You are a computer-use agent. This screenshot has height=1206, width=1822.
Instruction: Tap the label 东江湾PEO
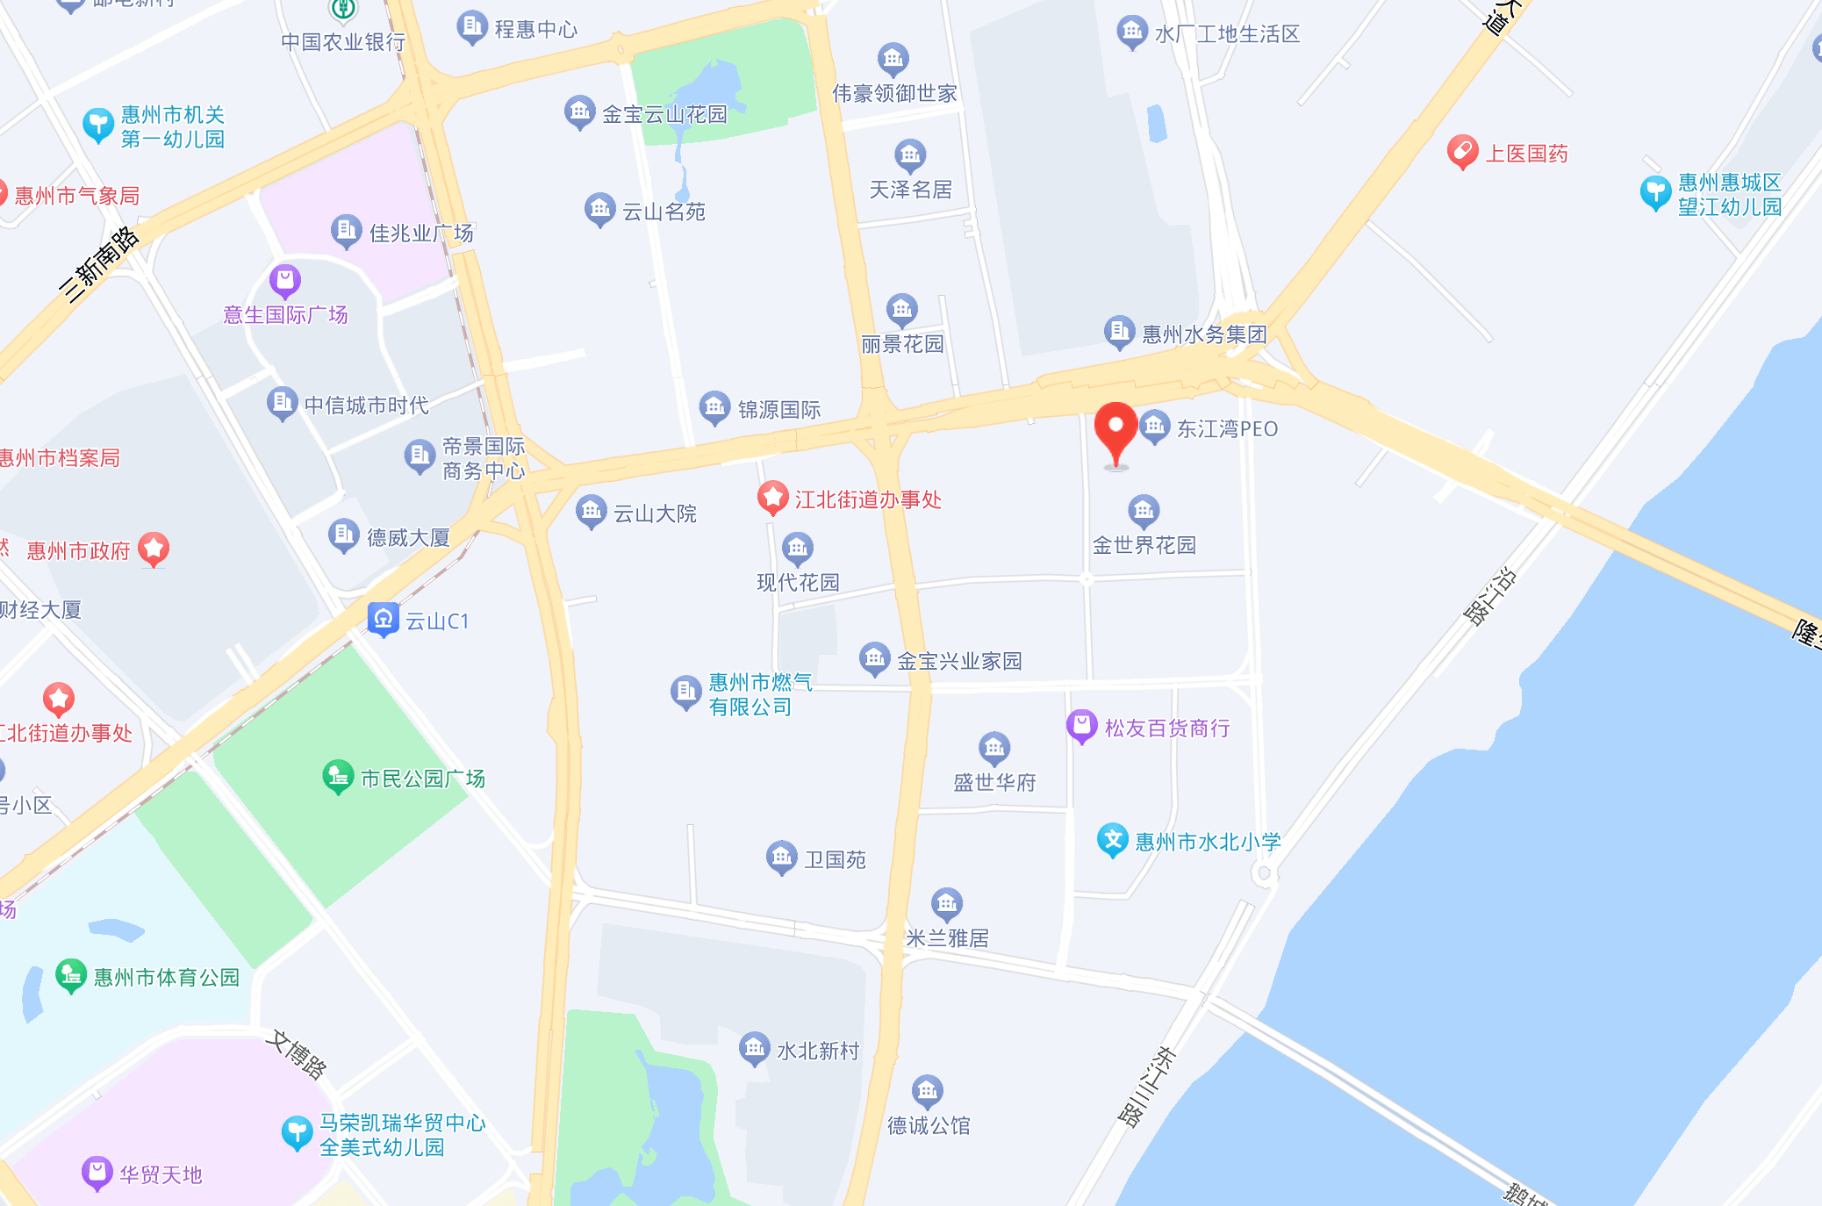[x=1227, y=429]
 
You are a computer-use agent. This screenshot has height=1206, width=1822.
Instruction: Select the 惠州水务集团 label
[x=1204, y=334]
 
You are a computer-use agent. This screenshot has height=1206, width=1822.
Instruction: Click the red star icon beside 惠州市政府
[x=154, y=549]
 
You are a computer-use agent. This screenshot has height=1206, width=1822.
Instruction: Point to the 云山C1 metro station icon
[x=384, y=620]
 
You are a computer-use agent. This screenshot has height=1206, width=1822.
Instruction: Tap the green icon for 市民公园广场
[x=338, y=777]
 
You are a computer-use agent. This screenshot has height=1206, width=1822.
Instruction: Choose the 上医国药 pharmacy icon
[x=1462, y=153]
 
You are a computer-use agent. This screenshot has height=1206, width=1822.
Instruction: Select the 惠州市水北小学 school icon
[x=1113, y=840]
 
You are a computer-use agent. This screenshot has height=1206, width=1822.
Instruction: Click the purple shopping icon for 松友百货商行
[x=1082, y=727]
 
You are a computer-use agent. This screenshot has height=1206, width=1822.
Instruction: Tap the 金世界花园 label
[x=1144, y=545]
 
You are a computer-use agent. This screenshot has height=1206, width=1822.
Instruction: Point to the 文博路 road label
[x=298, y=1053]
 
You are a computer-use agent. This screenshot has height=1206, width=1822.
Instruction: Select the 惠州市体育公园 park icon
[x=71, y=975]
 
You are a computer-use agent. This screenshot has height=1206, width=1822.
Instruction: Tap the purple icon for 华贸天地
[x=97, y=1173]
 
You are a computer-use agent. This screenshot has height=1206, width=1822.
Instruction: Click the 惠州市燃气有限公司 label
[x=760, y=694]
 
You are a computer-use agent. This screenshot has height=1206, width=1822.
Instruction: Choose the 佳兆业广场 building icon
[x=346, y=232]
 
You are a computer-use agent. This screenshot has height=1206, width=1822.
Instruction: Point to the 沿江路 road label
[x=1489, y=597]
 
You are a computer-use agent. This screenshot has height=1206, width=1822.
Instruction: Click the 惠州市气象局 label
[x=77, y=196]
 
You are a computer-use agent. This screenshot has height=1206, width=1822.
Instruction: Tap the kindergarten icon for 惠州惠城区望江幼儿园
[x=1655, y=193]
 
